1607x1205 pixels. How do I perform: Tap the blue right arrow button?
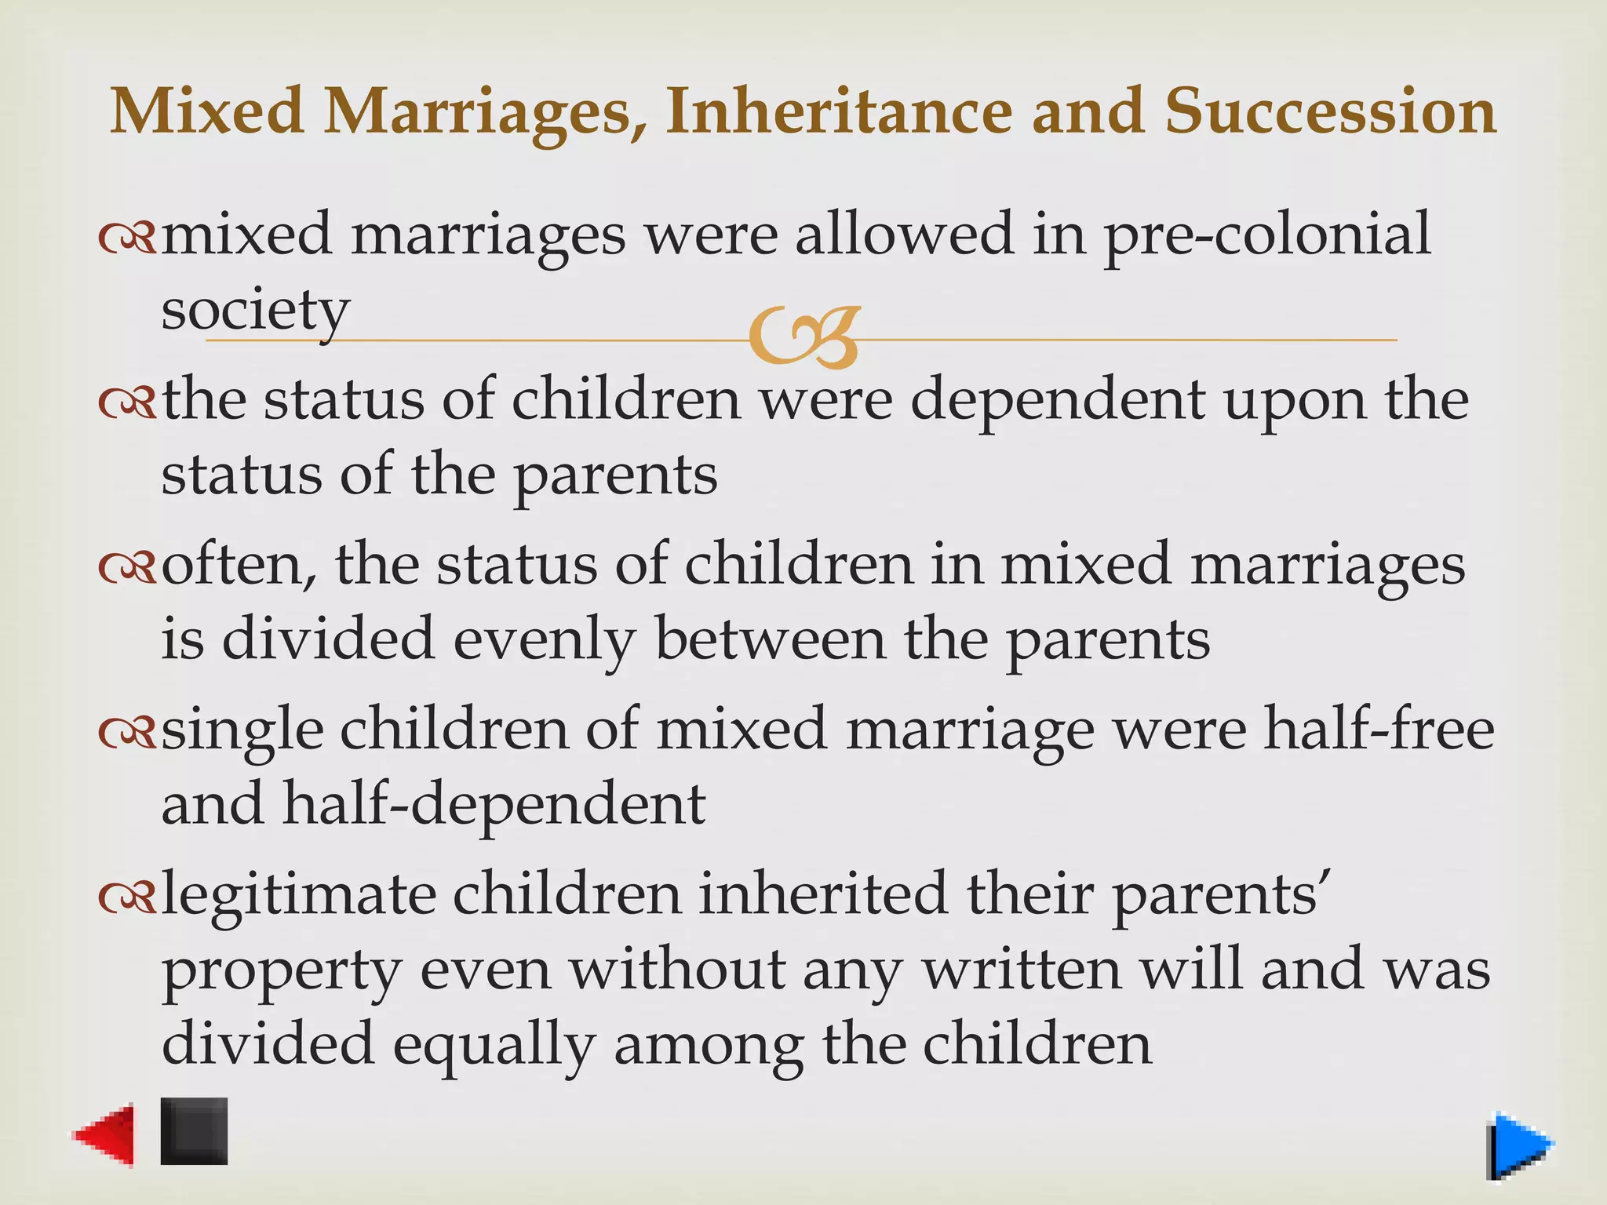1519,1146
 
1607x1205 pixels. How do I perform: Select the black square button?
195,1130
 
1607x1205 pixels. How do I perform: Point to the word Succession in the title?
1330,111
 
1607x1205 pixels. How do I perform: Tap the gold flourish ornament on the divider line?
804,337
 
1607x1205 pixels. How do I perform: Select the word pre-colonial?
1267,235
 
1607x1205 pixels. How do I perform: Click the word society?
255,311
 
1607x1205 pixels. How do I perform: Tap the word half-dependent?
494,805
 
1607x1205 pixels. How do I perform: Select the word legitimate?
298,894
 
